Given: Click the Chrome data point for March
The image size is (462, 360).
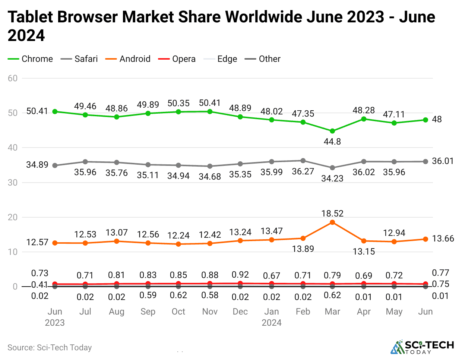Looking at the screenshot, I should tap(332, 131).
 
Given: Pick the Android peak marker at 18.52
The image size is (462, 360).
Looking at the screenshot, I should tap(332, 222).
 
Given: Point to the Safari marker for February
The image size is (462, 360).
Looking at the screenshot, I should tap(303, 161).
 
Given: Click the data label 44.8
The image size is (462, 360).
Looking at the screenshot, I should tap(332, 142).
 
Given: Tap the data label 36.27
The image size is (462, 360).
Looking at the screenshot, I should tap(303, 171).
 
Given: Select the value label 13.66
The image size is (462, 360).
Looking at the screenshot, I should tap(443, 239).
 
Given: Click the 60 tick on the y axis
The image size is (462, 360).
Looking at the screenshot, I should tap(13, 78).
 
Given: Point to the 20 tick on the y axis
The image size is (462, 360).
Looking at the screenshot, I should tap(13, 217).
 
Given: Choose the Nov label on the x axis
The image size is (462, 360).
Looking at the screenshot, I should tap(210, 312).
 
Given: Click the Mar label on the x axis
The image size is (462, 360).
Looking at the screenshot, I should tap(332, 312).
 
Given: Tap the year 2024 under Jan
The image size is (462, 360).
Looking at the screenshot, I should tap(272, 323).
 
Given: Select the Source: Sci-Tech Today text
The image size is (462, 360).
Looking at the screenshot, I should tap(50, 348).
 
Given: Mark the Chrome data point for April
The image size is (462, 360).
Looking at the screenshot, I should tap(364, 119).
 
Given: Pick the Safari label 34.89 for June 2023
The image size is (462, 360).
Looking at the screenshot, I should tap(37, 165).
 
